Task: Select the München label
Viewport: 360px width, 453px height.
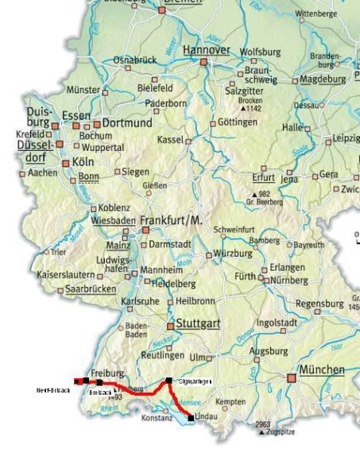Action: (x=322, y=370)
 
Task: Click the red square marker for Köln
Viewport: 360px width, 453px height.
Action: (x=66, y=163)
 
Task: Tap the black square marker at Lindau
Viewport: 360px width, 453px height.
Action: (x=191, y=417)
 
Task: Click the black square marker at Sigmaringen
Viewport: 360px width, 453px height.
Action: (x=169, y=381)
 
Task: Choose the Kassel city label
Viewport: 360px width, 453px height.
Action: (x=171, y=140)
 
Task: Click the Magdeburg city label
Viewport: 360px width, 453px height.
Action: (x=322, y=79)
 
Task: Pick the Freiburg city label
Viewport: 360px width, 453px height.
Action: (x=107, y=373)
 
